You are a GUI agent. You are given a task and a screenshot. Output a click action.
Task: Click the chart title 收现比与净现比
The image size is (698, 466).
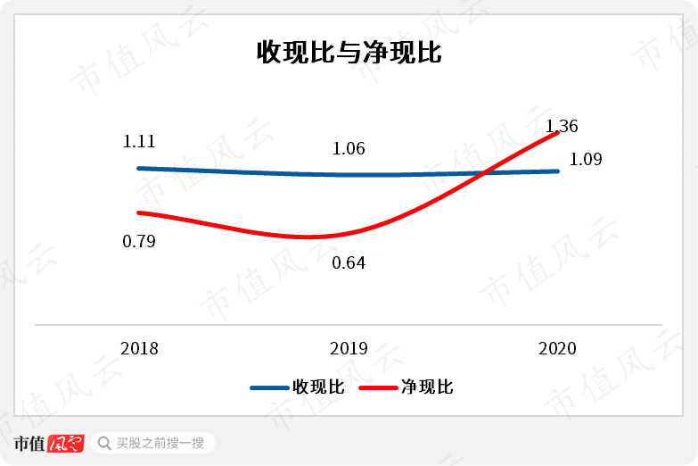[349, 53]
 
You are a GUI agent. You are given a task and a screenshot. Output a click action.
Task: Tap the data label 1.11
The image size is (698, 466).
[139, 141]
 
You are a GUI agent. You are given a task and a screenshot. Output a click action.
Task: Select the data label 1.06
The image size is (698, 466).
[349, 148]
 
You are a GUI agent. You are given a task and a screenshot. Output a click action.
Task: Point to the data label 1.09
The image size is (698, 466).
[585, 161]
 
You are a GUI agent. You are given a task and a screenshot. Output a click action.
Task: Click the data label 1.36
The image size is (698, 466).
[562, 126]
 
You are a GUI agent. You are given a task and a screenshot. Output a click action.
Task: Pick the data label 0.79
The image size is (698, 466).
[139, 241]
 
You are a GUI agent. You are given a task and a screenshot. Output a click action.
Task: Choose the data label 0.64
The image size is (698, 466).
[349, 263]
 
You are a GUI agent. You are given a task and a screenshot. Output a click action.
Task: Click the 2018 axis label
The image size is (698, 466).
[139, 348]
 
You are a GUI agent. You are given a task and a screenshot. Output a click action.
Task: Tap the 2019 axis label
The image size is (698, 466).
[349, 348]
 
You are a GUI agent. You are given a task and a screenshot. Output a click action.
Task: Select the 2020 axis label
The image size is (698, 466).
[558, 348]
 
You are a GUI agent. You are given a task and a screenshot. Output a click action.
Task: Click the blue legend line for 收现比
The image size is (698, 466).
[268, 387]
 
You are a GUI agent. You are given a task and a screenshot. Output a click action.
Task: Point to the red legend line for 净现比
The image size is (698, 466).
[377, 387]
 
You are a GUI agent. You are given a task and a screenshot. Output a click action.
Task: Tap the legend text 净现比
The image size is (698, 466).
[427, 387]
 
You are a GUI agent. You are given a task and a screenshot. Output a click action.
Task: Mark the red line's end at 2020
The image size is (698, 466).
[558, 133]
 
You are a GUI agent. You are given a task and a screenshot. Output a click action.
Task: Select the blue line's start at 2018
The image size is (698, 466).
[139, 168]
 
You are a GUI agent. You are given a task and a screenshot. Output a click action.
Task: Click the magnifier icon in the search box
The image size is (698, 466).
[104, 443]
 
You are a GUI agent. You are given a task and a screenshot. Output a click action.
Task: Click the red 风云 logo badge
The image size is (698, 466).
[66, 443]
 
